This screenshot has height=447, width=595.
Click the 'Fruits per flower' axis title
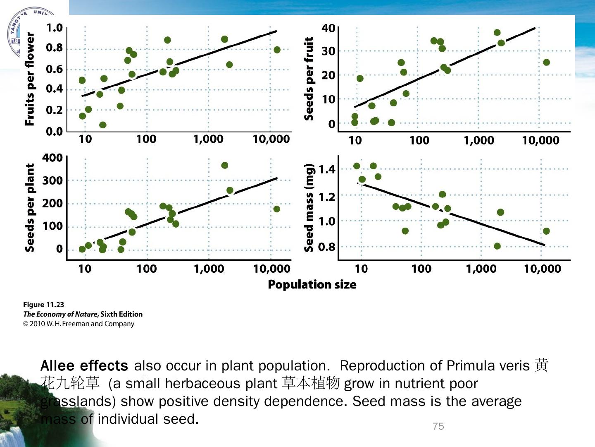point(30,79)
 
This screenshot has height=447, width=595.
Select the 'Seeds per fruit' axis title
point(309,79)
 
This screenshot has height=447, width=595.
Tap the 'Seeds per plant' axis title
point(30,207)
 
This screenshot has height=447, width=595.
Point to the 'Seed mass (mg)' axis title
point(309,207)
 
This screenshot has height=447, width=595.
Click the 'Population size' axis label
point(312,285)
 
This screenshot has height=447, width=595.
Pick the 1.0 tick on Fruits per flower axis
point(54,28)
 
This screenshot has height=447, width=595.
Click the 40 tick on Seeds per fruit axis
point(328,28)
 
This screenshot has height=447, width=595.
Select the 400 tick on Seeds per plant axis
point(52,158)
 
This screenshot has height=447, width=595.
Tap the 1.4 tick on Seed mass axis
point(327,169)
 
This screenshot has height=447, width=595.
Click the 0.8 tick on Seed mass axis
point(327,247)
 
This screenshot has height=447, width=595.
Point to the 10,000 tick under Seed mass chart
point(543,269)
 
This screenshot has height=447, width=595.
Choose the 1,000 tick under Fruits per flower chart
point(208,139)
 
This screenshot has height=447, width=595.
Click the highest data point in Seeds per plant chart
point(224,165)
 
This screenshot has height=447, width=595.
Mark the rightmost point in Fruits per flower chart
point(277,50)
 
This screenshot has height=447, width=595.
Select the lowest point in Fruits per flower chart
point(103,125)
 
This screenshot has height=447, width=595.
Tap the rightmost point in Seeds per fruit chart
point(546,62)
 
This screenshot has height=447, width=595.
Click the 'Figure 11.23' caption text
point(44,305)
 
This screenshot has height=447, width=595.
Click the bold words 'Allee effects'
point(84,366)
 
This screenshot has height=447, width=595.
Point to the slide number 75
point(438,426)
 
